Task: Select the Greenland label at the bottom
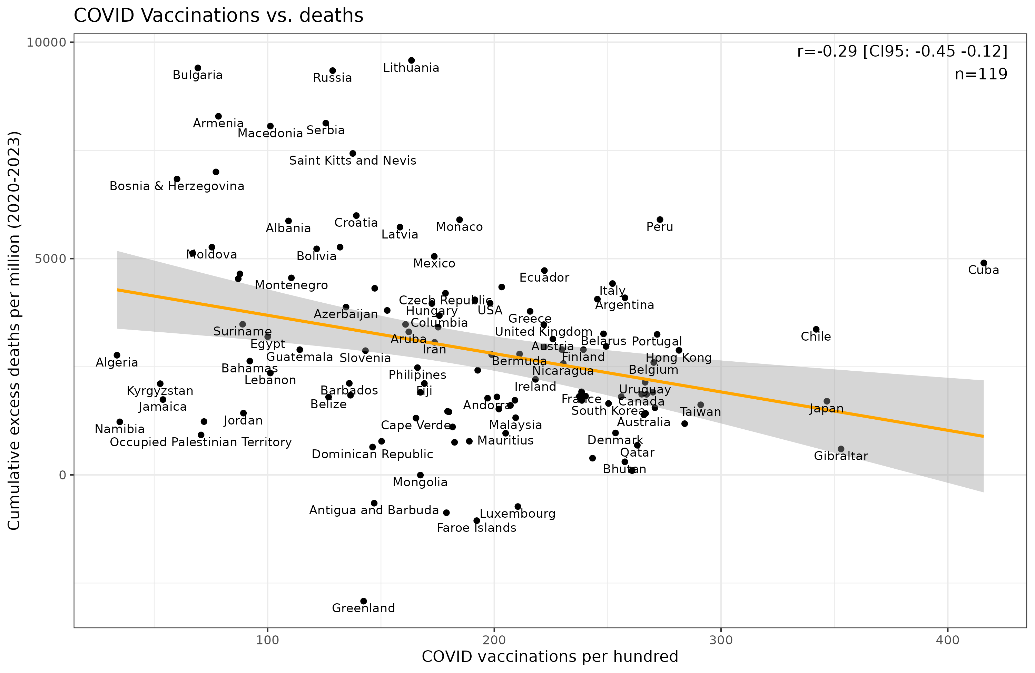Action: click(364, 608)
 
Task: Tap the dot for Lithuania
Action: click(411, 60)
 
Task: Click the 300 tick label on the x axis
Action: click(721, 640)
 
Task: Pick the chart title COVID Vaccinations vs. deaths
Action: click(218, 16)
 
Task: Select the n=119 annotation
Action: click(981, 75)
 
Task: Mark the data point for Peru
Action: click(660, 220)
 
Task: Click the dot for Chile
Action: click(816, 329)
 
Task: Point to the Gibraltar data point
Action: click(841, 449)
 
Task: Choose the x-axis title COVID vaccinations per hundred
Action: click(550, 656)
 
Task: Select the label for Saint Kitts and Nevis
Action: click(353, 160)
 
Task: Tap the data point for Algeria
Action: click(117, 355)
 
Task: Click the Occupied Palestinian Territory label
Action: click(200, 442)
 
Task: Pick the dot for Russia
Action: click(333, 70)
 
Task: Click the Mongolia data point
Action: click(420, 475)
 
